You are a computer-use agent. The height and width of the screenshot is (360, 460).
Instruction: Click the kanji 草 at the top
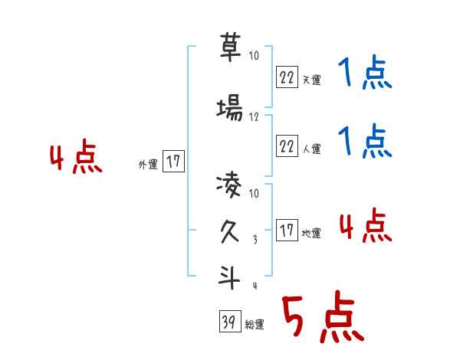[x=230, y=50]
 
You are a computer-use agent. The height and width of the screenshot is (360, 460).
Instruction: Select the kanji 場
[x=230, y=110]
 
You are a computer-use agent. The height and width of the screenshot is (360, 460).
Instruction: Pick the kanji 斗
[x=230, y=278]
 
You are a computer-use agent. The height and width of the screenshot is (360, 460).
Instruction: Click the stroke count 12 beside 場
[x=255, y=117]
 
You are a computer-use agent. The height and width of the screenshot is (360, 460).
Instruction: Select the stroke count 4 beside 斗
[x=255, y=286]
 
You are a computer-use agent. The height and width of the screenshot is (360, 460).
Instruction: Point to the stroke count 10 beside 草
[x=255, y=56]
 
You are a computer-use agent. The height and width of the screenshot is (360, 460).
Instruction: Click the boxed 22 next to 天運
[x=287, y=77]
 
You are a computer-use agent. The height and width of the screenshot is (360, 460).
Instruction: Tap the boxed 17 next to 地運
[x=287, y=231]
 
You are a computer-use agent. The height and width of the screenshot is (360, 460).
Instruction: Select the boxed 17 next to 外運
[x=173, y=162]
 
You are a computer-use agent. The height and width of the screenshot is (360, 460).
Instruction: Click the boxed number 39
[x=228, y=322]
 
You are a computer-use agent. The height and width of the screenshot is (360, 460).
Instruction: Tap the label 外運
[x=147, y=164]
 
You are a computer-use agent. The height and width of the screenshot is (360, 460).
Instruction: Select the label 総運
[x=255, y=325]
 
